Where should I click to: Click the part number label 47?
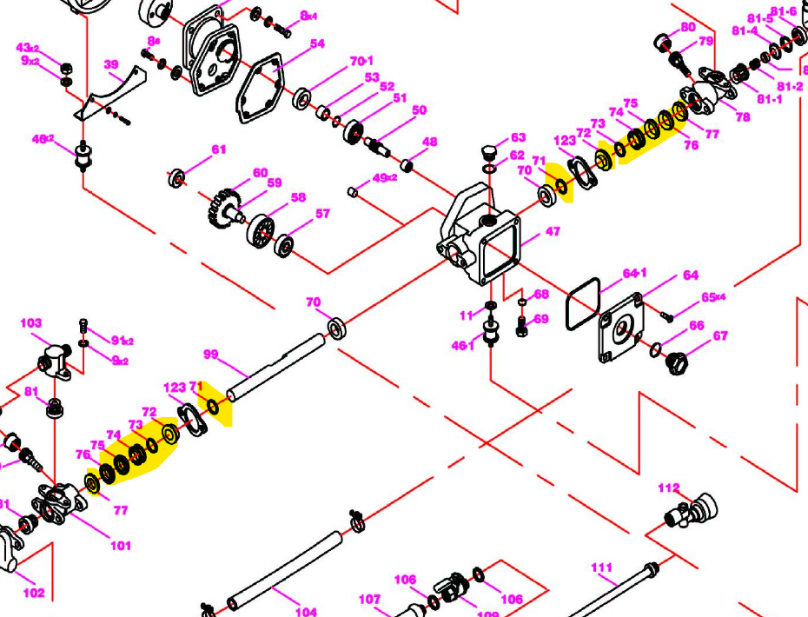pyautogui.click(x=553, y=232)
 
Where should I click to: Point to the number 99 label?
pyautogui.click(x=209, y=354)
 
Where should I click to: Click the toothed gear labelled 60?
pyautogui.click(x=223, y=209)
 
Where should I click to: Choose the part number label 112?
pyautogui.click(x=668, y=488)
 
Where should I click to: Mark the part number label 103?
pyautogui.click(x=31, y=323)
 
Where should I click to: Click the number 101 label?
pyautogui.click(x=120, y=546)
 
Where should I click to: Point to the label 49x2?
pyautogui.click(x=384, y=177)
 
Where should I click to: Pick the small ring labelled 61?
pyautogui.click(x=177, y=179)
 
